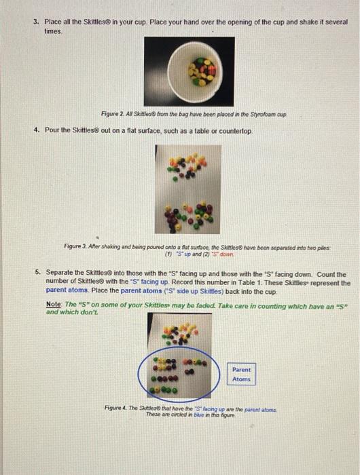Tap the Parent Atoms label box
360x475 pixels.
coord(241,374)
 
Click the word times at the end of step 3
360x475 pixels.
coord(53,31)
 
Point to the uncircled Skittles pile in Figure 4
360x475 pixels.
coord(183,332)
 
